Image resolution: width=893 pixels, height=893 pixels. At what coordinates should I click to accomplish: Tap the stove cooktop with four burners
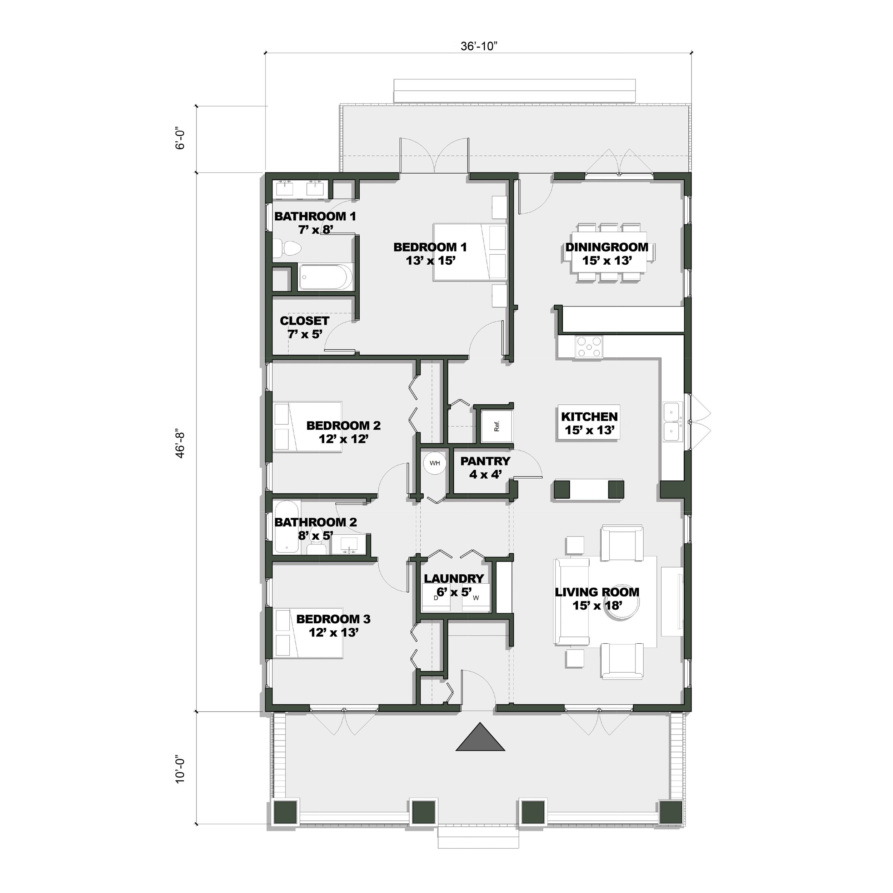click(589, 346)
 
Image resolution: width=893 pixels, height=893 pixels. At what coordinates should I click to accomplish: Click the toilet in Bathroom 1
click(286, 248)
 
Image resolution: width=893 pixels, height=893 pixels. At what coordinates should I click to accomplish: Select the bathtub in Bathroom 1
click(326, 277)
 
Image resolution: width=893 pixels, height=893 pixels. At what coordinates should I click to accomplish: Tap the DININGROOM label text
click(607, 247)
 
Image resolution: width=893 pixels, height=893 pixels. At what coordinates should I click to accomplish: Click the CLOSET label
click(305, 321)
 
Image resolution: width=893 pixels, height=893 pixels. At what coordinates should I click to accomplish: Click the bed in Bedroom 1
click(470, 252)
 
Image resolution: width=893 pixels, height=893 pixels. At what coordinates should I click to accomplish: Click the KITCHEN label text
click(589, 416)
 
